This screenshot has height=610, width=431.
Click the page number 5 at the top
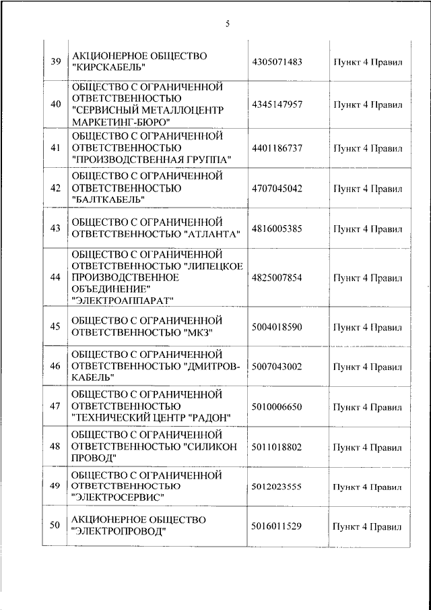pyautogui.click(x=228, y=24)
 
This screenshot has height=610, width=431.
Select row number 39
pyautogui.click(x=56, y=62)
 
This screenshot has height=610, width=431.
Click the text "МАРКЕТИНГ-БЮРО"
pyautogui.click(x=120, y=121)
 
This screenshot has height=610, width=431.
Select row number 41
pyautogui.click(x=56, y=148)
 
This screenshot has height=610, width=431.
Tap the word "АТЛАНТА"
pyautogui.click(x=212, y=234)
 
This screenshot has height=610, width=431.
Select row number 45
pyautogui.click(x=56, y=327)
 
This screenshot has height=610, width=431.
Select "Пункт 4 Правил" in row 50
pyautogui.click(x=367, y=526)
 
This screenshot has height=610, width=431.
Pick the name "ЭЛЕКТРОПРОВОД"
pyautogui.click(x=118, y=532)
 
